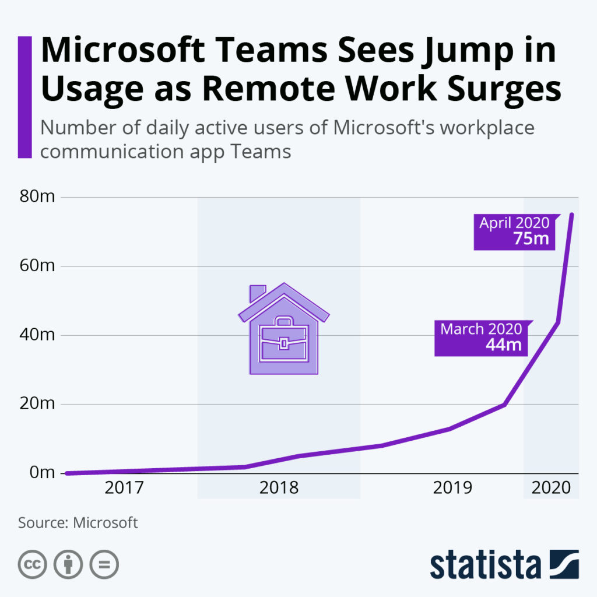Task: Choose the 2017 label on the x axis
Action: (124, 487)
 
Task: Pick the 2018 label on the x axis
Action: (279, 487)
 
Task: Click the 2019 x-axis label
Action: (452, 487)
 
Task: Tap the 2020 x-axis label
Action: (552, 487)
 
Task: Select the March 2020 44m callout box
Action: (482, 337)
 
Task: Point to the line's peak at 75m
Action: (571, 215)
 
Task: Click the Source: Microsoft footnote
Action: (78, 522)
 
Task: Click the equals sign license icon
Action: (103, 564)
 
